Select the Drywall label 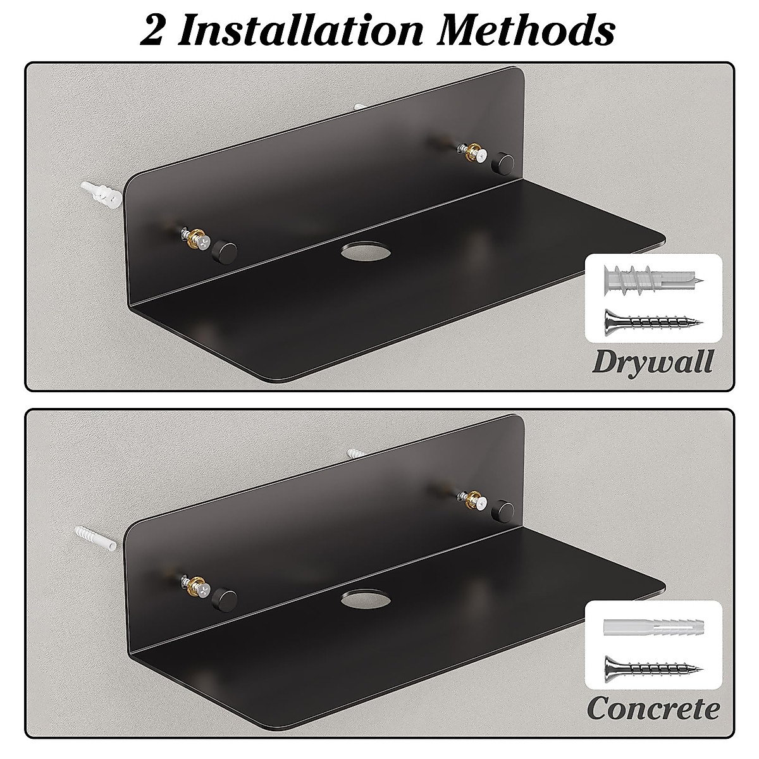click(652, 362)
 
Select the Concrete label click(653, 709)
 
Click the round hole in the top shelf click(357, 253)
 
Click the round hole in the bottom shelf click(357, 599)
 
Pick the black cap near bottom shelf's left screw click(221, 595)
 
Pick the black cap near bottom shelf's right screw click(503, 508)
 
